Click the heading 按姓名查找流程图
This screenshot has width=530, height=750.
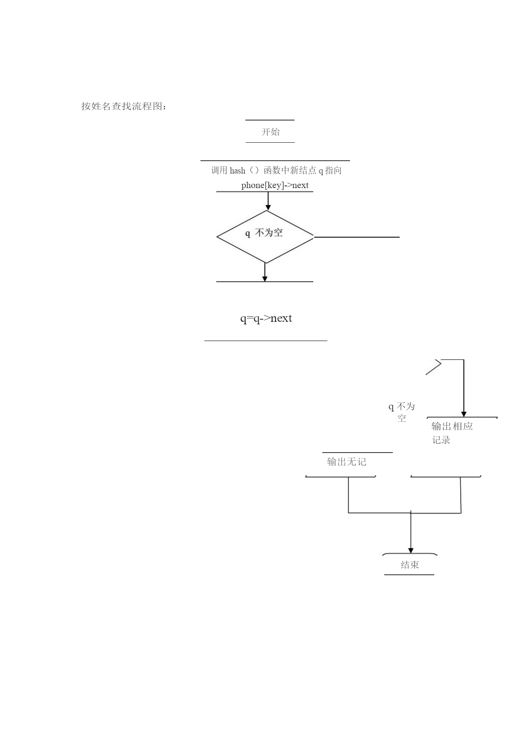click(x=124, y=106)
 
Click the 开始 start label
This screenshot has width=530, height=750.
click(x=271, y=132)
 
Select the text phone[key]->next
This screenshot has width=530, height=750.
click(x=275, y=185)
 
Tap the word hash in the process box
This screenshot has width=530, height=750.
click(x=237, y=171)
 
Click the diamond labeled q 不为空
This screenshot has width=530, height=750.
click(x=265, y=237)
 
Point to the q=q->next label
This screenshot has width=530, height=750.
click(x=266, y=318)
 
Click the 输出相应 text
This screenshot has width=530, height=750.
click(x=452, y=426)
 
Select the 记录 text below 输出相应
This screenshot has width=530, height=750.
click(x=441, y=440)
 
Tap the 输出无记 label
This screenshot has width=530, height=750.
click(x=347, y=462)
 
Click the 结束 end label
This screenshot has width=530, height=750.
click(x=410, y=565)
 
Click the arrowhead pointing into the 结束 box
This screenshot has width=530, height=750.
click(x=411, y=550)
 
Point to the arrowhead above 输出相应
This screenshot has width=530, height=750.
click(x=464, y=414)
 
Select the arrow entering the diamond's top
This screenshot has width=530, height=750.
click(x=268, y=201)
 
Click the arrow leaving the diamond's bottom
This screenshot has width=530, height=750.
click(x=265, y=272)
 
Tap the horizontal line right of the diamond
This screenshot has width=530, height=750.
click(x=357, y=237)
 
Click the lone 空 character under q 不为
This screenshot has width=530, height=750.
click(x=402, y=418)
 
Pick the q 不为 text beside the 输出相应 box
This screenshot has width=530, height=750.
click(x=402, y=406)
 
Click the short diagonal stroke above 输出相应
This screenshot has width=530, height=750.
click(x=433, y=368)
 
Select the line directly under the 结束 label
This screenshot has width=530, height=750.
click(x=409, y=575)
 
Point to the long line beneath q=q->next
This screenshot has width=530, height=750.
click(x=266, y=341)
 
